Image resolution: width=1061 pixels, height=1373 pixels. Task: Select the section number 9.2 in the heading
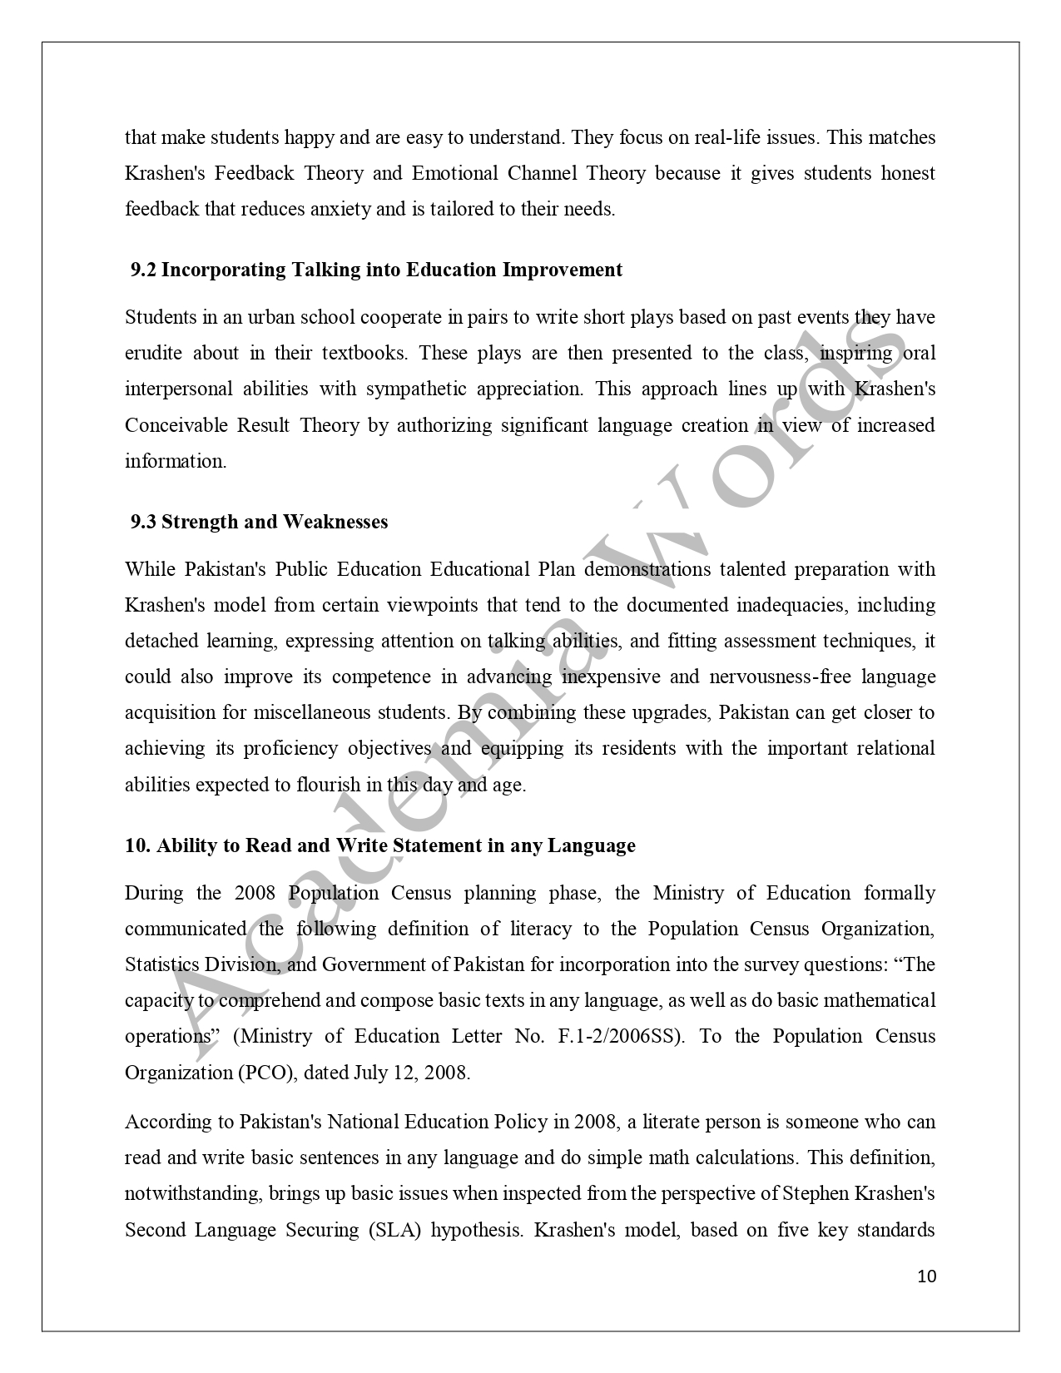tap(143, 270)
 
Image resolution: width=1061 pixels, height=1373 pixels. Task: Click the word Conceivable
tap(176, 425)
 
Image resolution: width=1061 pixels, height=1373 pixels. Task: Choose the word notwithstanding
tap(193, 1193)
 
